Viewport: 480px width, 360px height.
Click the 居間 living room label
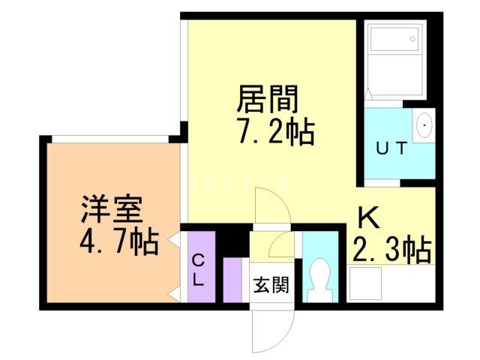pos(268,97)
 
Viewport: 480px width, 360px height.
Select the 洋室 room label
pos(112,208)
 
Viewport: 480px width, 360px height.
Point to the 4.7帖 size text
pos(118,241)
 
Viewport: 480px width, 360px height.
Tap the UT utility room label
pos(391,148)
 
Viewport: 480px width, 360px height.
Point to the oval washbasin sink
pos(424,124)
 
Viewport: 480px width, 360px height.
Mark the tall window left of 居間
pos(184,71)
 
